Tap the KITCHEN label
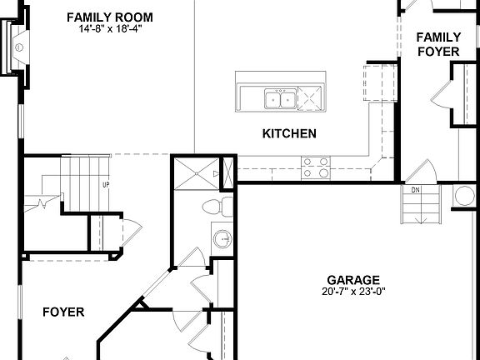pos(288,133)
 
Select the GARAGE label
pos(353,280)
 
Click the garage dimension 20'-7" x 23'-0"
pos(353,292)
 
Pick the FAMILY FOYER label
pos(438,43)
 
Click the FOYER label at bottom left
pos(63,312)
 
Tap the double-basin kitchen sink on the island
pos(279,100)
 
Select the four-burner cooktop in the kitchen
pos(314,168)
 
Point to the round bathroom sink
pos(222,240)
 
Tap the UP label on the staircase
pos(106,185)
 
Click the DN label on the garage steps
pos(414,191)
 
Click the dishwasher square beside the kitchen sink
pos(309,99)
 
